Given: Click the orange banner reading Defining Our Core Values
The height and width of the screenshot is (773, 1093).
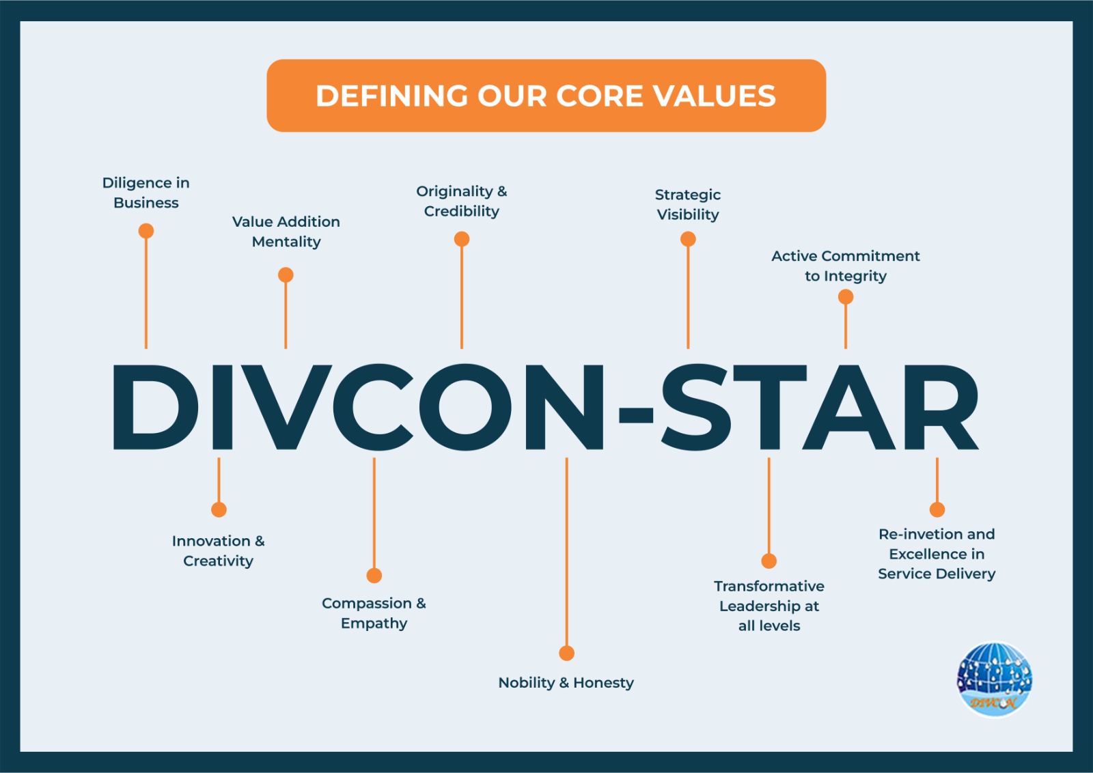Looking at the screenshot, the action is tap(546, 96).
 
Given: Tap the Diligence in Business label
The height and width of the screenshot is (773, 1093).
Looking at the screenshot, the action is tap(146, 193).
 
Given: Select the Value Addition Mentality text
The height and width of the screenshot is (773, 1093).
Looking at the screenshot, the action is tap(286, 231).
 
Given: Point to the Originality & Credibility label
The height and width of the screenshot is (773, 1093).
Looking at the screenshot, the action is tap(462, 201).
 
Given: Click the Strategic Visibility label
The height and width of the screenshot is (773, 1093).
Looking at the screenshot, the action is tap(687, 204).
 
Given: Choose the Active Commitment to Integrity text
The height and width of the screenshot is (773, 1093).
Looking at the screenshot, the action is tap(846, 266).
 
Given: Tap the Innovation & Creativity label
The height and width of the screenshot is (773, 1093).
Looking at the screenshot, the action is tap(218, 550).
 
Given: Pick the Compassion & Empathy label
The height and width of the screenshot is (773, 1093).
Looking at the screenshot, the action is tap(374, 613).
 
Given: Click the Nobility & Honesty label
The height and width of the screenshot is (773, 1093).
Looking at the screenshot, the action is tap(566, 683).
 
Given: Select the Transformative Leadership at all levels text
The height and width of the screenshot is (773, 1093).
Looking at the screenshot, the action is tap(769, 606).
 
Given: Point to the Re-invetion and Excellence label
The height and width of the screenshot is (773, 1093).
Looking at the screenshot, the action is tap(937, 554).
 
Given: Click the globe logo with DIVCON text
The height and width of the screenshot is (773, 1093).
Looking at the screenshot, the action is tap(995, 679).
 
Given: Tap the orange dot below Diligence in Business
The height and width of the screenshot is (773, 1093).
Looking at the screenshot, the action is tap(146, 231).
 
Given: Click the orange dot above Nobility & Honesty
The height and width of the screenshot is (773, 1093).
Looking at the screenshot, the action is tap(566, 653).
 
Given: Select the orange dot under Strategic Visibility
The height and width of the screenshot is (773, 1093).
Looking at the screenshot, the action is tap(688, 239).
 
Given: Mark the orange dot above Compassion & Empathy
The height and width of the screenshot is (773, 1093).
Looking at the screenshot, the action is tap(374, 576).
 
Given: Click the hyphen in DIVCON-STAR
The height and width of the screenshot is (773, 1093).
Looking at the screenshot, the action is tap(636, 415).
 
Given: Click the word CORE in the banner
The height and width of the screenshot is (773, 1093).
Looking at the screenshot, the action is tap(600, 96).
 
